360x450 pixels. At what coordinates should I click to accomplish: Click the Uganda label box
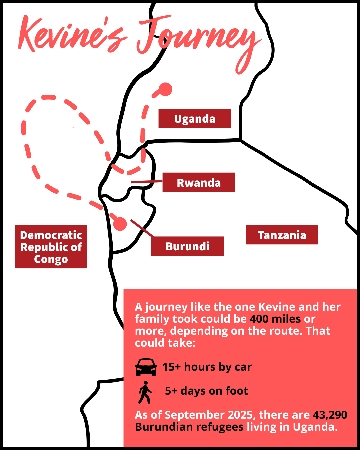[195, 118]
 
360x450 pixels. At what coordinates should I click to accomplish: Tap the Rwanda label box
[199, 182]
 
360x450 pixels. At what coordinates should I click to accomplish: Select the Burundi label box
[187, 246]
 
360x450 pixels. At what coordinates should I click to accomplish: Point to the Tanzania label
[282, 235]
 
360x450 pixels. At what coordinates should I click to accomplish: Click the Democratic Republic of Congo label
[51, 247]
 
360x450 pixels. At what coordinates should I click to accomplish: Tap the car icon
[146, 367]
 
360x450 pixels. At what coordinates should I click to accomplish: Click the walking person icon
[145, 392]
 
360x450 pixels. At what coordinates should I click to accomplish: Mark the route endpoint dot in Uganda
[165, 89]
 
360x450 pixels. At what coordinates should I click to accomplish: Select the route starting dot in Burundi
[120, 224]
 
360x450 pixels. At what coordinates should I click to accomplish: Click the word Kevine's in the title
[72, 35]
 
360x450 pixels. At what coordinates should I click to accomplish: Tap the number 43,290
[330, 415]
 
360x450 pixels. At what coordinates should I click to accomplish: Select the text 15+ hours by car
[207, 367]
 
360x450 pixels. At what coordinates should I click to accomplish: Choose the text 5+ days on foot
[206, 391]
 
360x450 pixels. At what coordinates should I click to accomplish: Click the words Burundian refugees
[189, 427]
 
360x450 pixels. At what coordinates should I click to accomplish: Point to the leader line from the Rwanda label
[146, 182]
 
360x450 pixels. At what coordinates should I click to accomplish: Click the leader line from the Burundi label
[142, 228]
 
